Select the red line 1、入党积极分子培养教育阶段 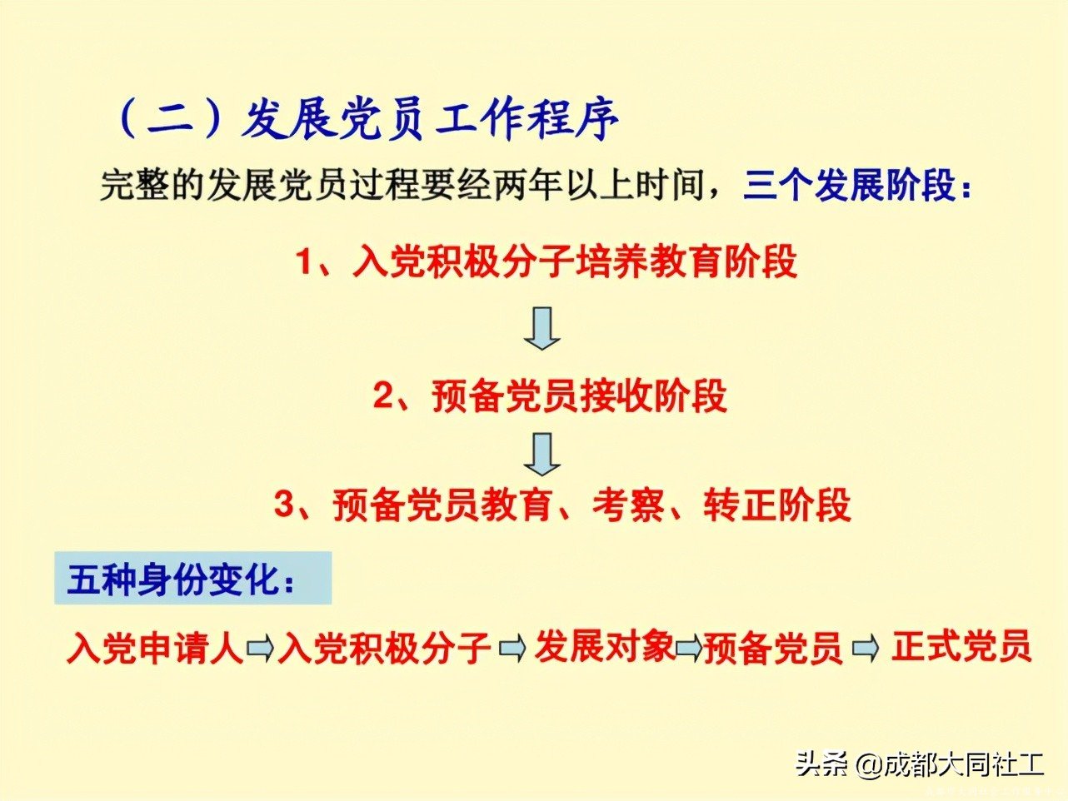(546, 261)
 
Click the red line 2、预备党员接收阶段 (550, 396)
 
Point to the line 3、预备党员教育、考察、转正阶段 (563, 505)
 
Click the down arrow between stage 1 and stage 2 (542, 327)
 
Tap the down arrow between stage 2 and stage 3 (542, 453)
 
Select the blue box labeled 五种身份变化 (192, 578)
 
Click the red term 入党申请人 (155, 648)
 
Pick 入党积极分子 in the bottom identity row (384, 648)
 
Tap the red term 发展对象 (604, 645)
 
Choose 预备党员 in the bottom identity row (773, 648)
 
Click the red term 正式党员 (961, 645)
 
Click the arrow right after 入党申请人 (260, 648)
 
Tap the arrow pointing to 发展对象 (512, 648)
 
